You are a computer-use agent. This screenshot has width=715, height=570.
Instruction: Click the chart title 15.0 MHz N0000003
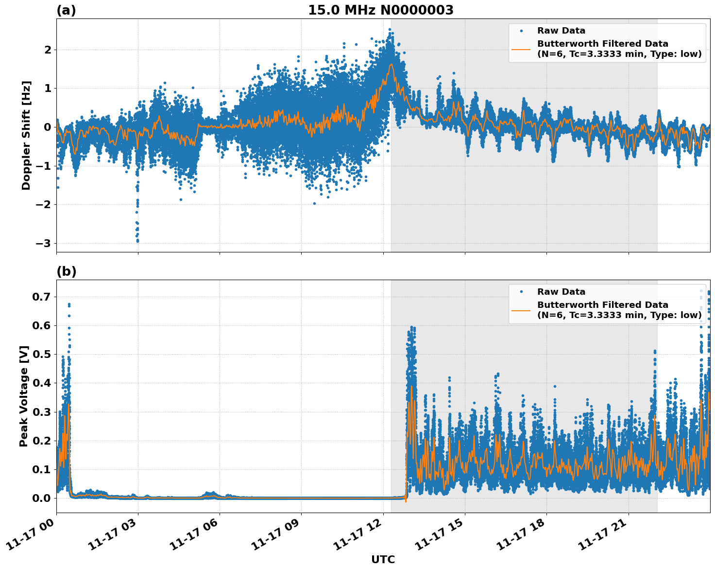pos(380,10)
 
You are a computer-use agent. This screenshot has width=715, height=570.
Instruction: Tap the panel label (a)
pos(66,10)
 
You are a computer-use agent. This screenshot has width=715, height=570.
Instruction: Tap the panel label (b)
pos(66,271)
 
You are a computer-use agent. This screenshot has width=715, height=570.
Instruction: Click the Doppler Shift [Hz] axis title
pos(26,135)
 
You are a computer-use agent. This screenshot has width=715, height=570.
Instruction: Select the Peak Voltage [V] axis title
pos(24,396)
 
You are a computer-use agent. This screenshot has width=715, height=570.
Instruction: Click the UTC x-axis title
pos(383,560)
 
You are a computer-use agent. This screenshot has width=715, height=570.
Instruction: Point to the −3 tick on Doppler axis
pos(44,243)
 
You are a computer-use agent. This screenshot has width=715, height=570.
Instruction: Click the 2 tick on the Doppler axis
pos(48,50)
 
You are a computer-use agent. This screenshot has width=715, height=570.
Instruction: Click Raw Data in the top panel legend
pos(561,31)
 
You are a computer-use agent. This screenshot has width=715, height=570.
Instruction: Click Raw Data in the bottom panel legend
pos(561,292)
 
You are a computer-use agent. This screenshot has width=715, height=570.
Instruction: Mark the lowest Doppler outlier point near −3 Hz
pos(137,241)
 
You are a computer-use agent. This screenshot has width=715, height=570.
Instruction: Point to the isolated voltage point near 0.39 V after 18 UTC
pos(555,386)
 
